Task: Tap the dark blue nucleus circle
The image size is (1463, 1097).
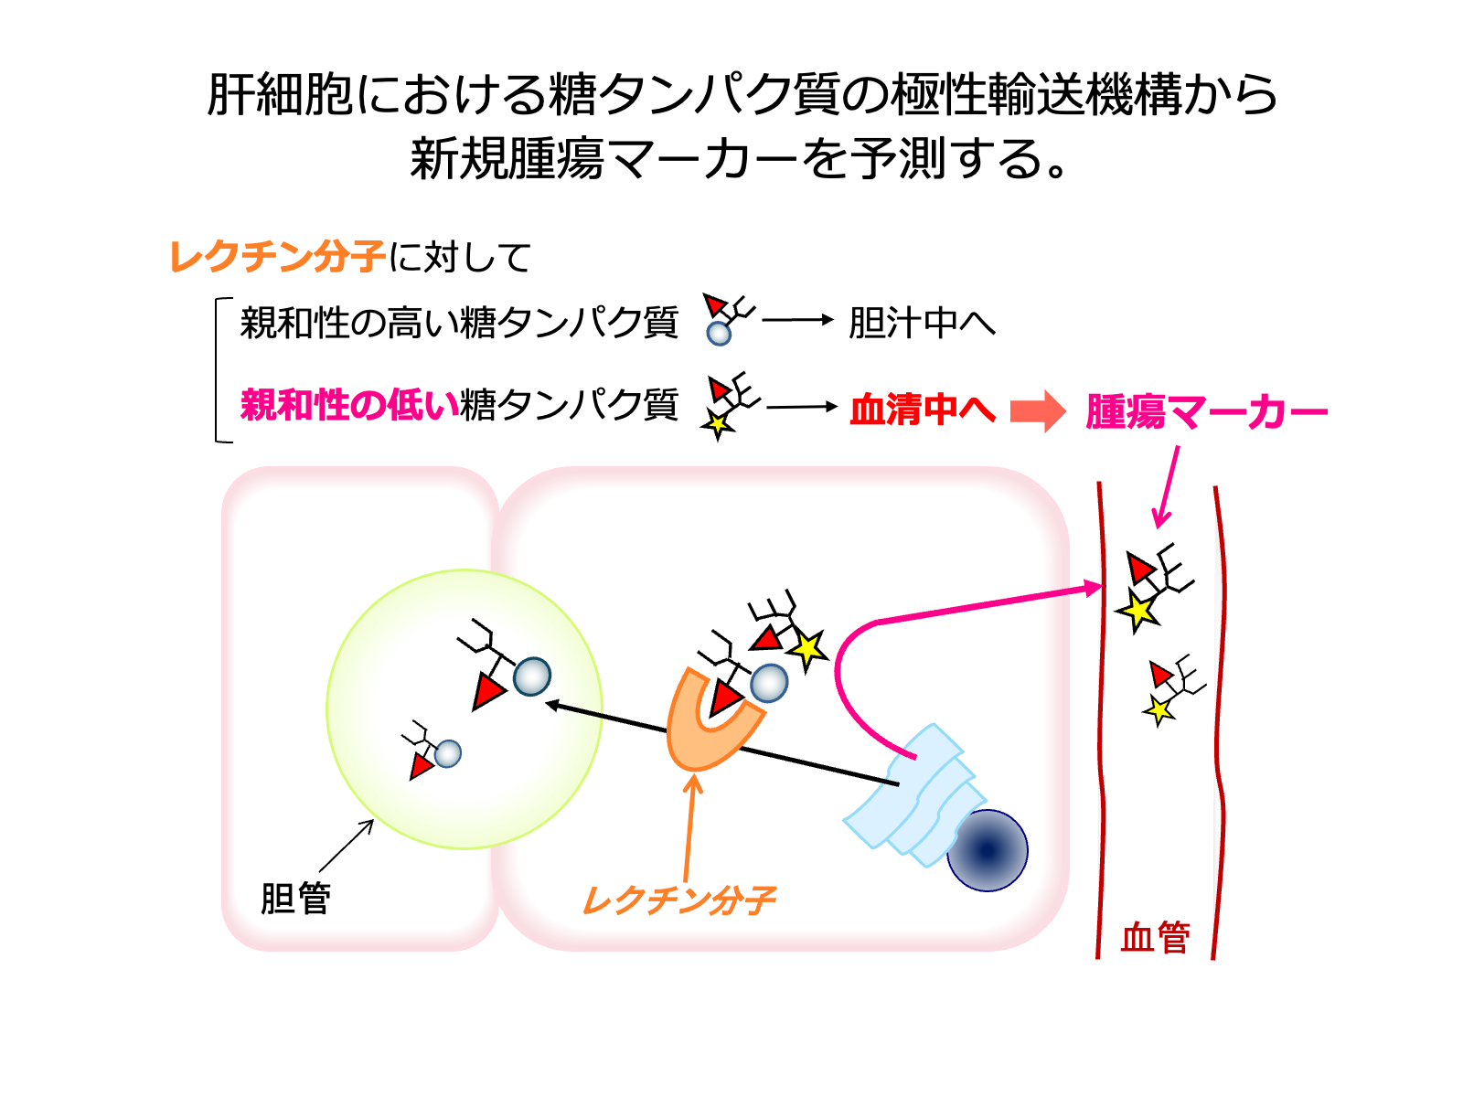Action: [987, 850]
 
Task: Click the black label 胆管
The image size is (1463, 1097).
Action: [295, 898]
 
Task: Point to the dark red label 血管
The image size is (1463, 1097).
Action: [1155, 938]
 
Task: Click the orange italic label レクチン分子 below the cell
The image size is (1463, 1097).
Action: [678, 900]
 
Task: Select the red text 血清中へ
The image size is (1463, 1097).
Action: [922, 410]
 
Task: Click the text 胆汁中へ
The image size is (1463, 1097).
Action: [922, 323]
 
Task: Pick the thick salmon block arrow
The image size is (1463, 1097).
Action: [1038, 411]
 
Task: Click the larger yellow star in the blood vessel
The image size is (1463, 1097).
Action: [1137, 610]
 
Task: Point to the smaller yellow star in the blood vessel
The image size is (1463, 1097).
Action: [1159, 709]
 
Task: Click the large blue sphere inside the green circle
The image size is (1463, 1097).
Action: [532, 677]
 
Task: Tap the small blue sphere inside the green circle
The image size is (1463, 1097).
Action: [448, 753]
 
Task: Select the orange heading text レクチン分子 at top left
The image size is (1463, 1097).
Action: [277, 257]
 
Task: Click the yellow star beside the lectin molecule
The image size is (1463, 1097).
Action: [807, 649]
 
